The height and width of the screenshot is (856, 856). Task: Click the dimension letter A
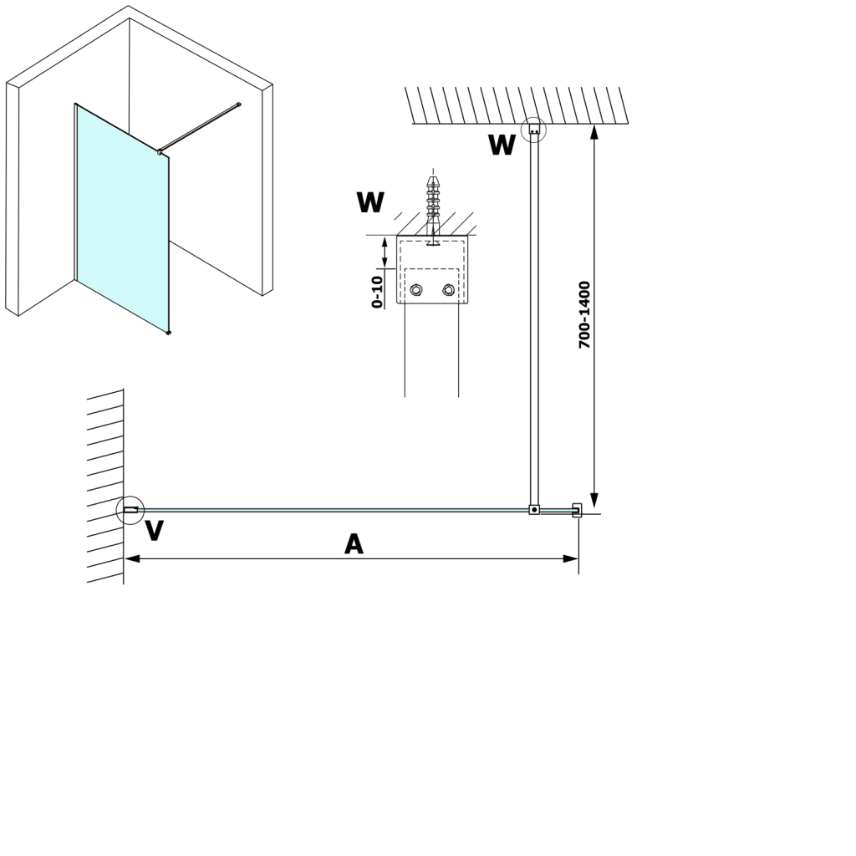[x=354, y=545]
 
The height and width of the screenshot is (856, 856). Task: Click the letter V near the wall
[x=154, y=530]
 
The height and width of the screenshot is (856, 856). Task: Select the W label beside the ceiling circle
[x=502, y=145]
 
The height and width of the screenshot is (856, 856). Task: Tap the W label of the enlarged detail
[x=370, y=202]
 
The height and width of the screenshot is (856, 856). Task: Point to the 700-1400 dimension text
[x=585, y=315]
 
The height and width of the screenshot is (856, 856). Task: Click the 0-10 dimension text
[x=378, y=292]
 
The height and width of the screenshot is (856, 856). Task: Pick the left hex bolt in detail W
[x=416, y=290]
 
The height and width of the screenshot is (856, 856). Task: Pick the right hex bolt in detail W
[x=449, y=290]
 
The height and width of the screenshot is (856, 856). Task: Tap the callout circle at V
[x=130, y=509]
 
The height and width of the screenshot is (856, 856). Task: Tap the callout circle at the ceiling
[x=533, y=130]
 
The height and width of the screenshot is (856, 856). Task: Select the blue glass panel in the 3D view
[x=122, y=217]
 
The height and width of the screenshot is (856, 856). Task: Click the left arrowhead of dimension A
[x=131, y=558]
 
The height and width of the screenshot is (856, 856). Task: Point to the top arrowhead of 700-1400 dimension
[x=594, y=132]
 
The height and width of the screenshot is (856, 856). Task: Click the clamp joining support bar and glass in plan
[x=534, y=509]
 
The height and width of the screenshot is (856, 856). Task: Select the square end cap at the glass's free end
[x=577, y=509]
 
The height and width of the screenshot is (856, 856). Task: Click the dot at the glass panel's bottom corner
[x=169, y=333]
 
